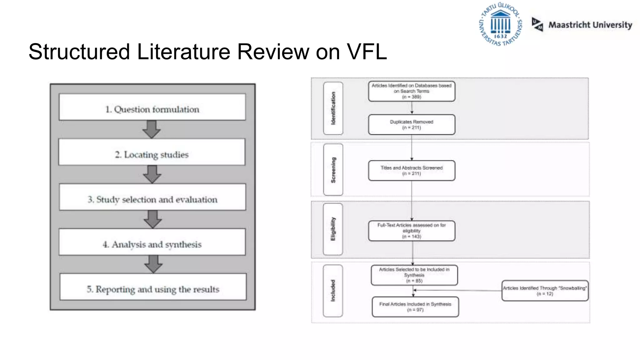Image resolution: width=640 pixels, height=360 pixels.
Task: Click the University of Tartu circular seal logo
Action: (x=500, y=24)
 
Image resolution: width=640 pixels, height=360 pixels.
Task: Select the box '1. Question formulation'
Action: (x=152, y=107)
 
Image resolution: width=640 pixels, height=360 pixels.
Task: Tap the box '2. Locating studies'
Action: (x=152, y=152)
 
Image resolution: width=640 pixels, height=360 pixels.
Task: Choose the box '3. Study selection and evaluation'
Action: (x=152, y=197)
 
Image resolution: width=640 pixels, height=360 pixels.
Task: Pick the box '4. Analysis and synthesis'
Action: (x=152, y=242)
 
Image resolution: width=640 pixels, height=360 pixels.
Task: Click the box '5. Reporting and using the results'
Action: (x=153, y=287)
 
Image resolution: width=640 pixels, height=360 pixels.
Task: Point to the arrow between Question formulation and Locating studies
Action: (x=152, y=129)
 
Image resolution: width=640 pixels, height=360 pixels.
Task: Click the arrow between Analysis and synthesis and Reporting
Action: (x=153, y=264)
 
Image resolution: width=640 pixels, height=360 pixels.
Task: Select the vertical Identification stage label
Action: (x=333, y=108)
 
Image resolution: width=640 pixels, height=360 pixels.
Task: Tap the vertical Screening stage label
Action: (x=333, y=170)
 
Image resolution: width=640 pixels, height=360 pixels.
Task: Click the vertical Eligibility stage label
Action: (x=333, y=229)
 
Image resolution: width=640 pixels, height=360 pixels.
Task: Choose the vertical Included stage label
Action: (x=333, y=291)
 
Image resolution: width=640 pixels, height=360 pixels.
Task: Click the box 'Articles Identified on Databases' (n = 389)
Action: (x=412, y=91)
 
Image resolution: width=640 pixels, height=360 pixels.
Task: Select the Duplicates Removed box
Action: (x=412, y=125)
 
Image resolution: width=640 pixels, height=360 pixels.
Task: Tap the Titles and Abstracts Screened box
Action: (x=412, y=171)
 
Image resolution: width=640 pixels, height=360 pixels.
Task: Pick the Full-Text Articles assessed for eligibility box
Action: (x=412, y=231)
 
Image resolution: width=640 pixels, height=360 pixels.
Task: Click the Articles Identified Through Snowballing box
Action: (x=545, y=291)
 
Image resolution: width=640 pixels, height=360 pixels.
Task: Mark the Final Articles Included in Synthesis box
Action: (x=415, y=307)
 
